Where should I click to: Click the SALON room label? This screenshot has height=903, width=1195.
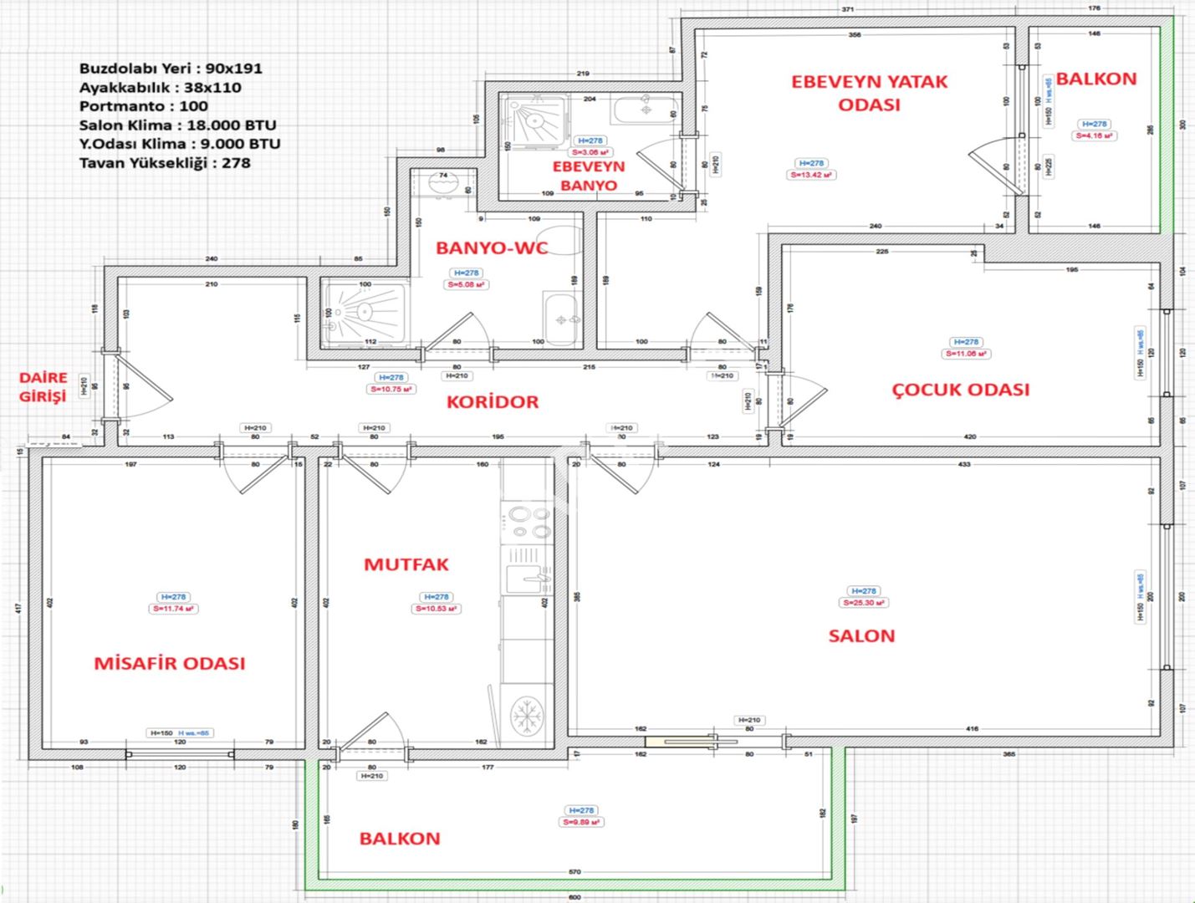(861, 636)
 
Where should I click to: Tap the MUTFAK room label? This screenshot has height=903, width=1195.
(406, 565)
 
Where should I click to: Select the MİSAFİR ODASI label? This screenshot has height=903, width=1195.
(170, 664)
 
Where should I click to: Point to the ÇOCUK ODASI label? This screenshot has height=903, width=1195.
(960, 390)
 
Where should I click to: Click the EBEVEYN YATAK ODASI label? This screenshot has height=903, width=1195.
(869, 93)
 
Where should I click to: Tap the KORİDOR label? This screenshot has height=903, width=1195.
(493, 402)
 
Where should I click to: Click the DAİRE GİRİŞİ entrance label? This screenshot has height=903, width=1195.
(43, 388)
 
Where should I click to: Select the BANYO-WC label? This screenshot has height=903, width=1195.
(492, 248)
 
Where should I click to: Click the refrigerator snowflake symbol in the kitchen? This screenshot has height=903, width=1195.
(527, 715)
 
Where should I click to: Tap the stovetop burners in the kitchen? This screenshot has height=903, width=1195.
(527, 522)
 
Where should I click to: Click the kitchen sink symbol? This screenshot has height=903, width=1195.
(528, 577)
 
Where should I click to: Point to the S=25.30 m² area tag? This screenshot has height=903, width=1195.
(864, 603)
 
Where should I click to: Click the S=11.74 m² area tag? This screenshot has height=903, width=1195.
(174, 610)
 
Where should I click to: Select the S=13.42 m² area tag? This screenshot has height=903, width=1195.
(811, 176)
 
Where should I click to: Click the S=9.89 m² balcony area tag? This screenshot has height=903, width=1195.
(581, 823)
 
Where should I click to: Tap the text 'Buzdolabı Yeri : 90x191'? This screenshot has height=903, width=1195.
(171, 69)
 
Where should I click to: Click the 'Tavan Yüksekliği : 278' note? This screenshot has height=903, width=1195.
(165, 163)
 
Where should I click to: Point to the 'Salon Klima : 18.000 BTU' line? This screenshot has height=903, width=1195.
(177, 125)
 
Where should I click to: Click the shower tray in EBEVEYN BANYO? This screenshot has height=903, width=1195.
(534, 121)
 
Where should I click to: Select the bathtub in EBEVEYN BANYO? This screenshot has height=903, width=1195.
(644, 110)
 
